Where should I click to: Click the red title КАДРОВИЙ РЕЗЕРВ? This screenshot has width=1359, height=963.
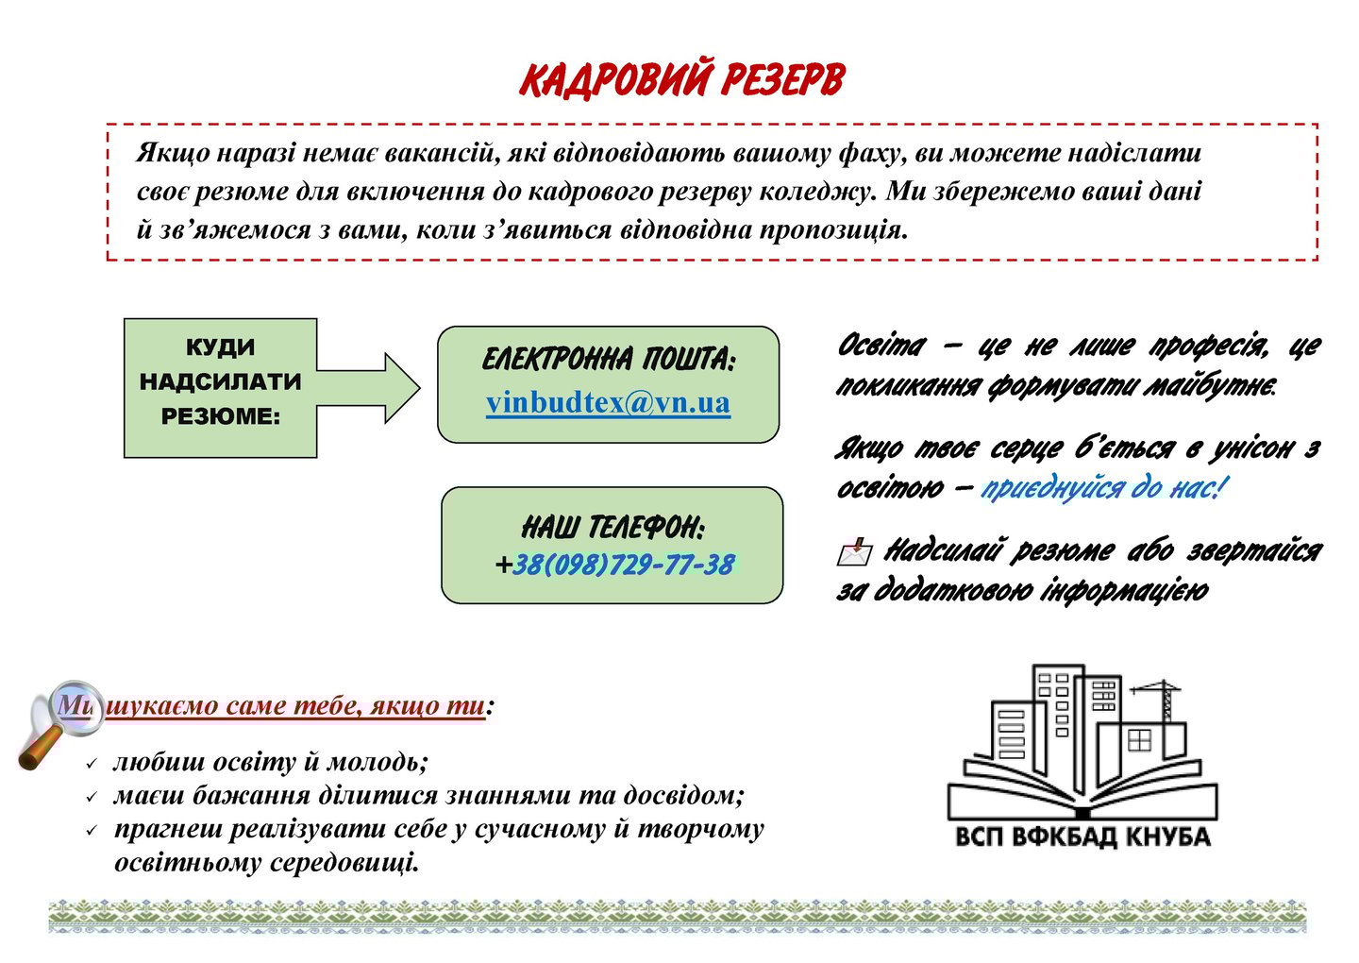(679, 80)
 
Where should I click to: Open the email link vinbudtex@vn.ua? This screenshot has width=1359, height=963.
(608, 403)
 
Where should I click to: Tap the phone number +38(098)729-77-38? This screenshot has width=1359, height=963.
(614, 566)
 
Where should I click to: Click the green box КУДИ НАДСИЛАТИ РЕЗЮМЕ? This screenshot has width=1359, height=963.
(220, 387)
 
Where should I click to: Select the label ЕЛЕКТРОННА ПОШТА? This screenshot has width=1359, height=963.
(608, 360)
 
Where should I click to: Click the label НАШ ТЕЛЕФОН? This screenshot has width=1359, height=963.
(612, 527)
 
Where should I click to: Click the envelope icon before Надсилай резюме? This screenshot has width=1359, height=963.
(854, 551)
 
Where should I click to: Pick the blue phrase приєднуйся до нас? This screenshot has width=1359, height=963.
(1104, 488)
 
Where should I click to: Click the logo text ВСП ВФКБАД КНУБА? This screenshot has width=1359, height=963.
(1082, 836)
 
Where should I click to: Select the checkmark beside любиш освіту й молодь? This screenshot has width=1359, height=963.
(92, 763)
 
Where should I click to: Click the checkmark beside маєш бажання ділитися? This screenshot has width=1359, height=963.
(92, 797)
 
